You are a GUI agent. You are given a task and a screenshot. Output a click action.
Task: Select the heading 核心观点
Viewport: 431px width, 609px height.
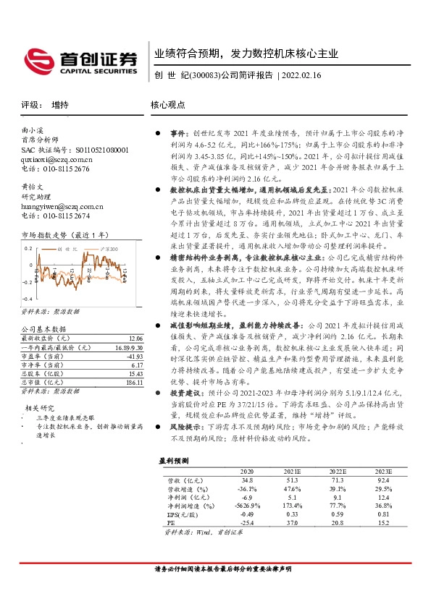tap(169, 104)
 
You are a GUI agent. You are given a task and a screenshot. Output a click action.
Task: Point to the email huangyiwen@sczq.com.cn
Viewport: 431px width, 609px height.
tap(62, 206)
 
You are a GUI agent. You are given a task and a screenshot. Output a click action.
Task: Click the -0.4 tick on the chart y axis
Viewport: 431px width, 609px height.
tap(27, 299)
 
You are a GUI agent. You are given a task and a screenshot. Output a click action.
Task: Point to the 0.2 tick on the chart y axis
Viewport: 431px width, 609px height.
tap(29, 247)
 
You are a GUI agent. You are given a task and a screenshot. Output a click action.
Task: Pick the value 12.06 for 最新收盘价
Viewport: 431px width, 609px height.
tap(135, 338)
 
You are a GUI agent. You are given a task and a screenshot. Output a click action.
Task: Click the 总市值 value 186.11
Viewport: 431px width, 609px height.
tap(134, 382)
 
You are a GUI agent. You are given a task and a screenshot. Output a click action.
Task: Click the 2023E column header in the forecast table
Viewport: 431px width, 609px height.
tap(383, 470)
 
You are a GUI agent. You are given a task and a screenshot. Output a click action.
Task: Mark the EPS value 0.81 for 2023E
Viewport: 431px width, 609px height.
tap(383, 514)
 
